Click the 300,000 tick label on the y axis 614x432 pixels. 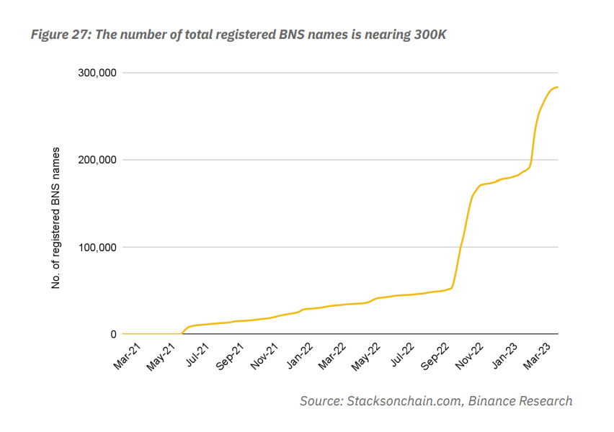(x=94, y=73)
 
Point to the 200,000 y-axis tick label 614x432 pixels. (x=94, y=160)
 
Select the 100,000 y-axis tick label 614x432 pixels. (x=94, y=247)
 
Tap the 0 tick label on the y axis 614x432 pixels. (x=112, y=334)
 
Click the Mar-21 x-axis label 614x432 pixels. (x=128, y=356)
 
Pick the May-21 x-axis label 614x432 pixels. (x=161, y=356)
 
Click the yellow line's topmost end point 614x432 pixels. (x=558, y=87)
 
